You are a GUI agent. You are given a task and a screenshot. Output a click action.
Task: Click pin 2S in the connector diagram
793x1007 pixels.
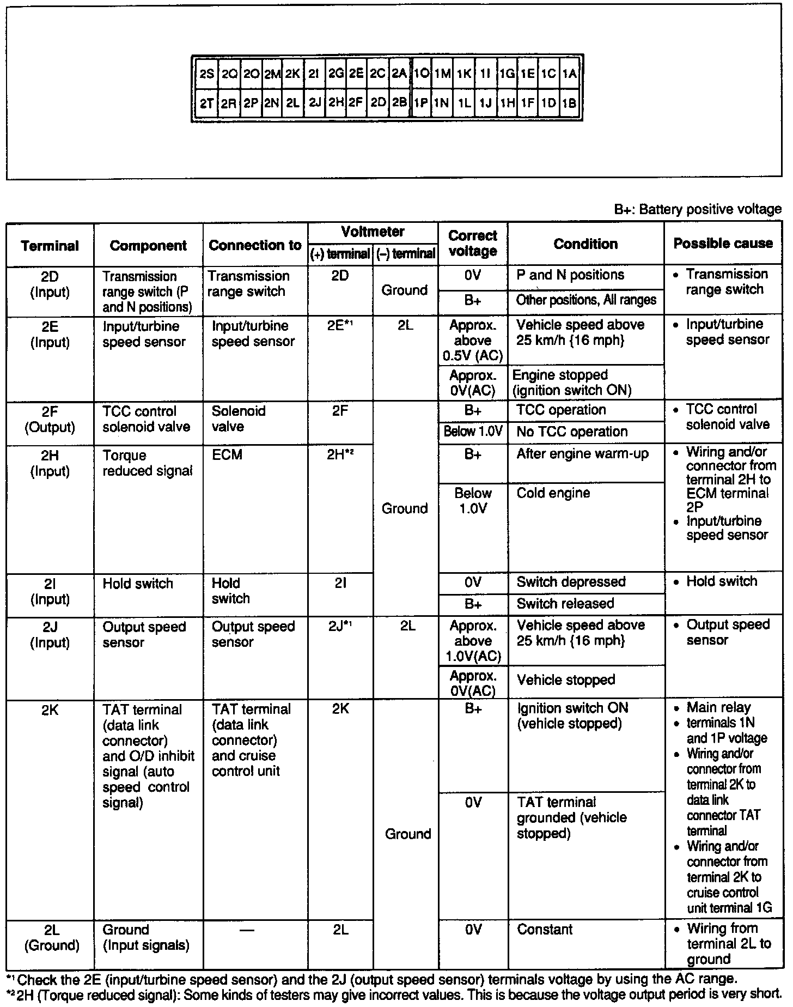pyautogui.click(x=206, y=74)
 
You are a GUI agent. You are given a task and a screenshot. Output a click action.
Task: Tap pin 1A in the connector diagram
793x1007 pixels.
pyautogui.click(x=569, y=74)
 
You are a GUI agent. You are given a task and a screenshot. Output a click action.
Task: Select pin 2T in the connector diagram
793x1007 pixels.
pyautogui.click(x=206, y=103)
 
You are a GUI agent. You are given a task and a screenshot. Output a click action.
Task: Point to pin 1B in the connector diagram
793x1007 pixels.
pyautogui.click(x=569, y=103)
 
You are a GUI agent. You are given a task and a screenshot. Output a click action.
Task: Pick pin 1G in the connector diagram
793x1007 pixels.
pyautogui.click(x=507, y=74)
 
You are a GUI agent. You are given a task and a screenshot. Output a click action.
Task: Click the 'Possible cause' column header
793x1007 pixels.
pyautogui.click(x=723, y=243)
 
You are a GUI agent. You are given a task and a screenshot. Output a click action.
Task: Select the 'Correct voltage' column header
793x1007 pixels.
pyautogui.click(x=473, y=244)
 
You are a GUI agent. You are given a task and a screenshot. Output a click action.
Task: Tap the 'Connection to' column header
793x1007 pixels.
pyautogui.click(x=255, y=245)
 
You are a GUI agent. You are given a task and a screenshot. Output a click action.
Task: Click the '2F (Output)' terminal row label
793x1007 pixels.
pyautogui.click(x=50, y=419)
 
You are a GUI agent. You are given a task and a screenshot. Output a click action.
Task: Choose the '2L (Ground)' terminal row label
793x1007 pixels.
pyautogui.click(x=51, y=937)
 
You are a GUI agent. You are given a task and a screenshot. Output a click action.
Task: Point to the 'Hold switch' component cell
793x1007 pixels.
pyautogui.click(x=138, y=584)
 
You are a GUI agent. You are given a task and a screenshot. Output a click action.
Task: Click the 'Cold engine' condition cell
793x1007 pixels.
pyautogui.click(x=553, y=493)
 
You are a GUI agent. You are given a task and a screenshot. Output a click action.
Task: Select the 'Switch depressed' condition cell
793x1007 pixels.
pyautogui.click(x=571, y=581)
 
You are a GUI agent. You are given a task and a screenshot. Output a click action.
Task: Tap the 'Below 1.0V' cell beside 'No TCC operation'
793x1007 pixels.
pyautogui.click(x=473, y=432)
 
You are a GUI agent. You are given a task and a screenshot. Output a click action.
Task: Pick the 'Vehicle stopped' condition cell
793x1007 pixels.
pyautogui.click(x=566, y=680)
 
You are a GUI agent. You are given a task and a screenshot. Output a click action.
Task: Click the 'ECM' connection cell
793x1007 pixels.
pyautogui.click(x=227, y=454)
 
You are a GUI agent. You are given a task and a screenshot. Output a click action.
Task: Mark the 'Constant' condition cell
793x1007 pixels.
pyautogui.click(x=545, y=929)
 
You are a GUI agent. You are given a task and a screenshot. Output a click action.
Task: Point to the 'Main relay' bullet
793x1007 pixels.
pyautogui.click(x=718, y=707)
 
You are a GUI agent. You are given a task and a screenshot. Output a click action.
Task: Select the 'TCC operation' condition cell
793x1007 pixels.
pyautogui.click(x=561, y=410)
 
